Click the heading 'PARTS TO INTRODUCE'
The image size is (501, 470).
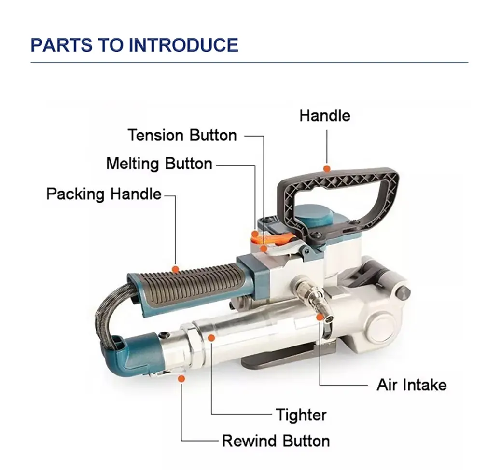click(x=134, y=45)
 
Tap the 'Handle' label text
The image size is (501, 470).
click(x=325, y=116)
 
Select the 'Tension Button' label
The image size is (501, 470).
click(x=182, y=135)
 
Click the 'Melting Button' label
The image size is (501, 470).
click(x=159, y=164)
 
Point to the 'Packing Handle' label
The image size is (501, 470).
click(x=104, y=194)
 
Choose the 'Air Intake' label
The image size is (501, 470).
click(x=412, y=385)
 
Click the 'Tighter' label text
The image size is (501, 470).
click(x=301, y=415)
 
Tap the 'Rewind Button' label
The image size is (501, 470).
click(x=276, y=441)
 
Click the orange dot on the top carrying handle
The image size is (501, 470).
click(x=327, y=168)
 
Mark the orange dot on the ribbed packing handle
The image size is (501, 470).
click(x=175, y=269)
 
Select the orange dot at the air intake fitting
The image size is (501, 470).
click(x=320, y=317)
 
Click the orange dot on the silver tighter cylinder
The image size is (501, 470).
click(x=211, y=337)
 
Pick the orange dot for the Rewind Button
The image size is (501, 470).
click(x=181, y=379)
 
